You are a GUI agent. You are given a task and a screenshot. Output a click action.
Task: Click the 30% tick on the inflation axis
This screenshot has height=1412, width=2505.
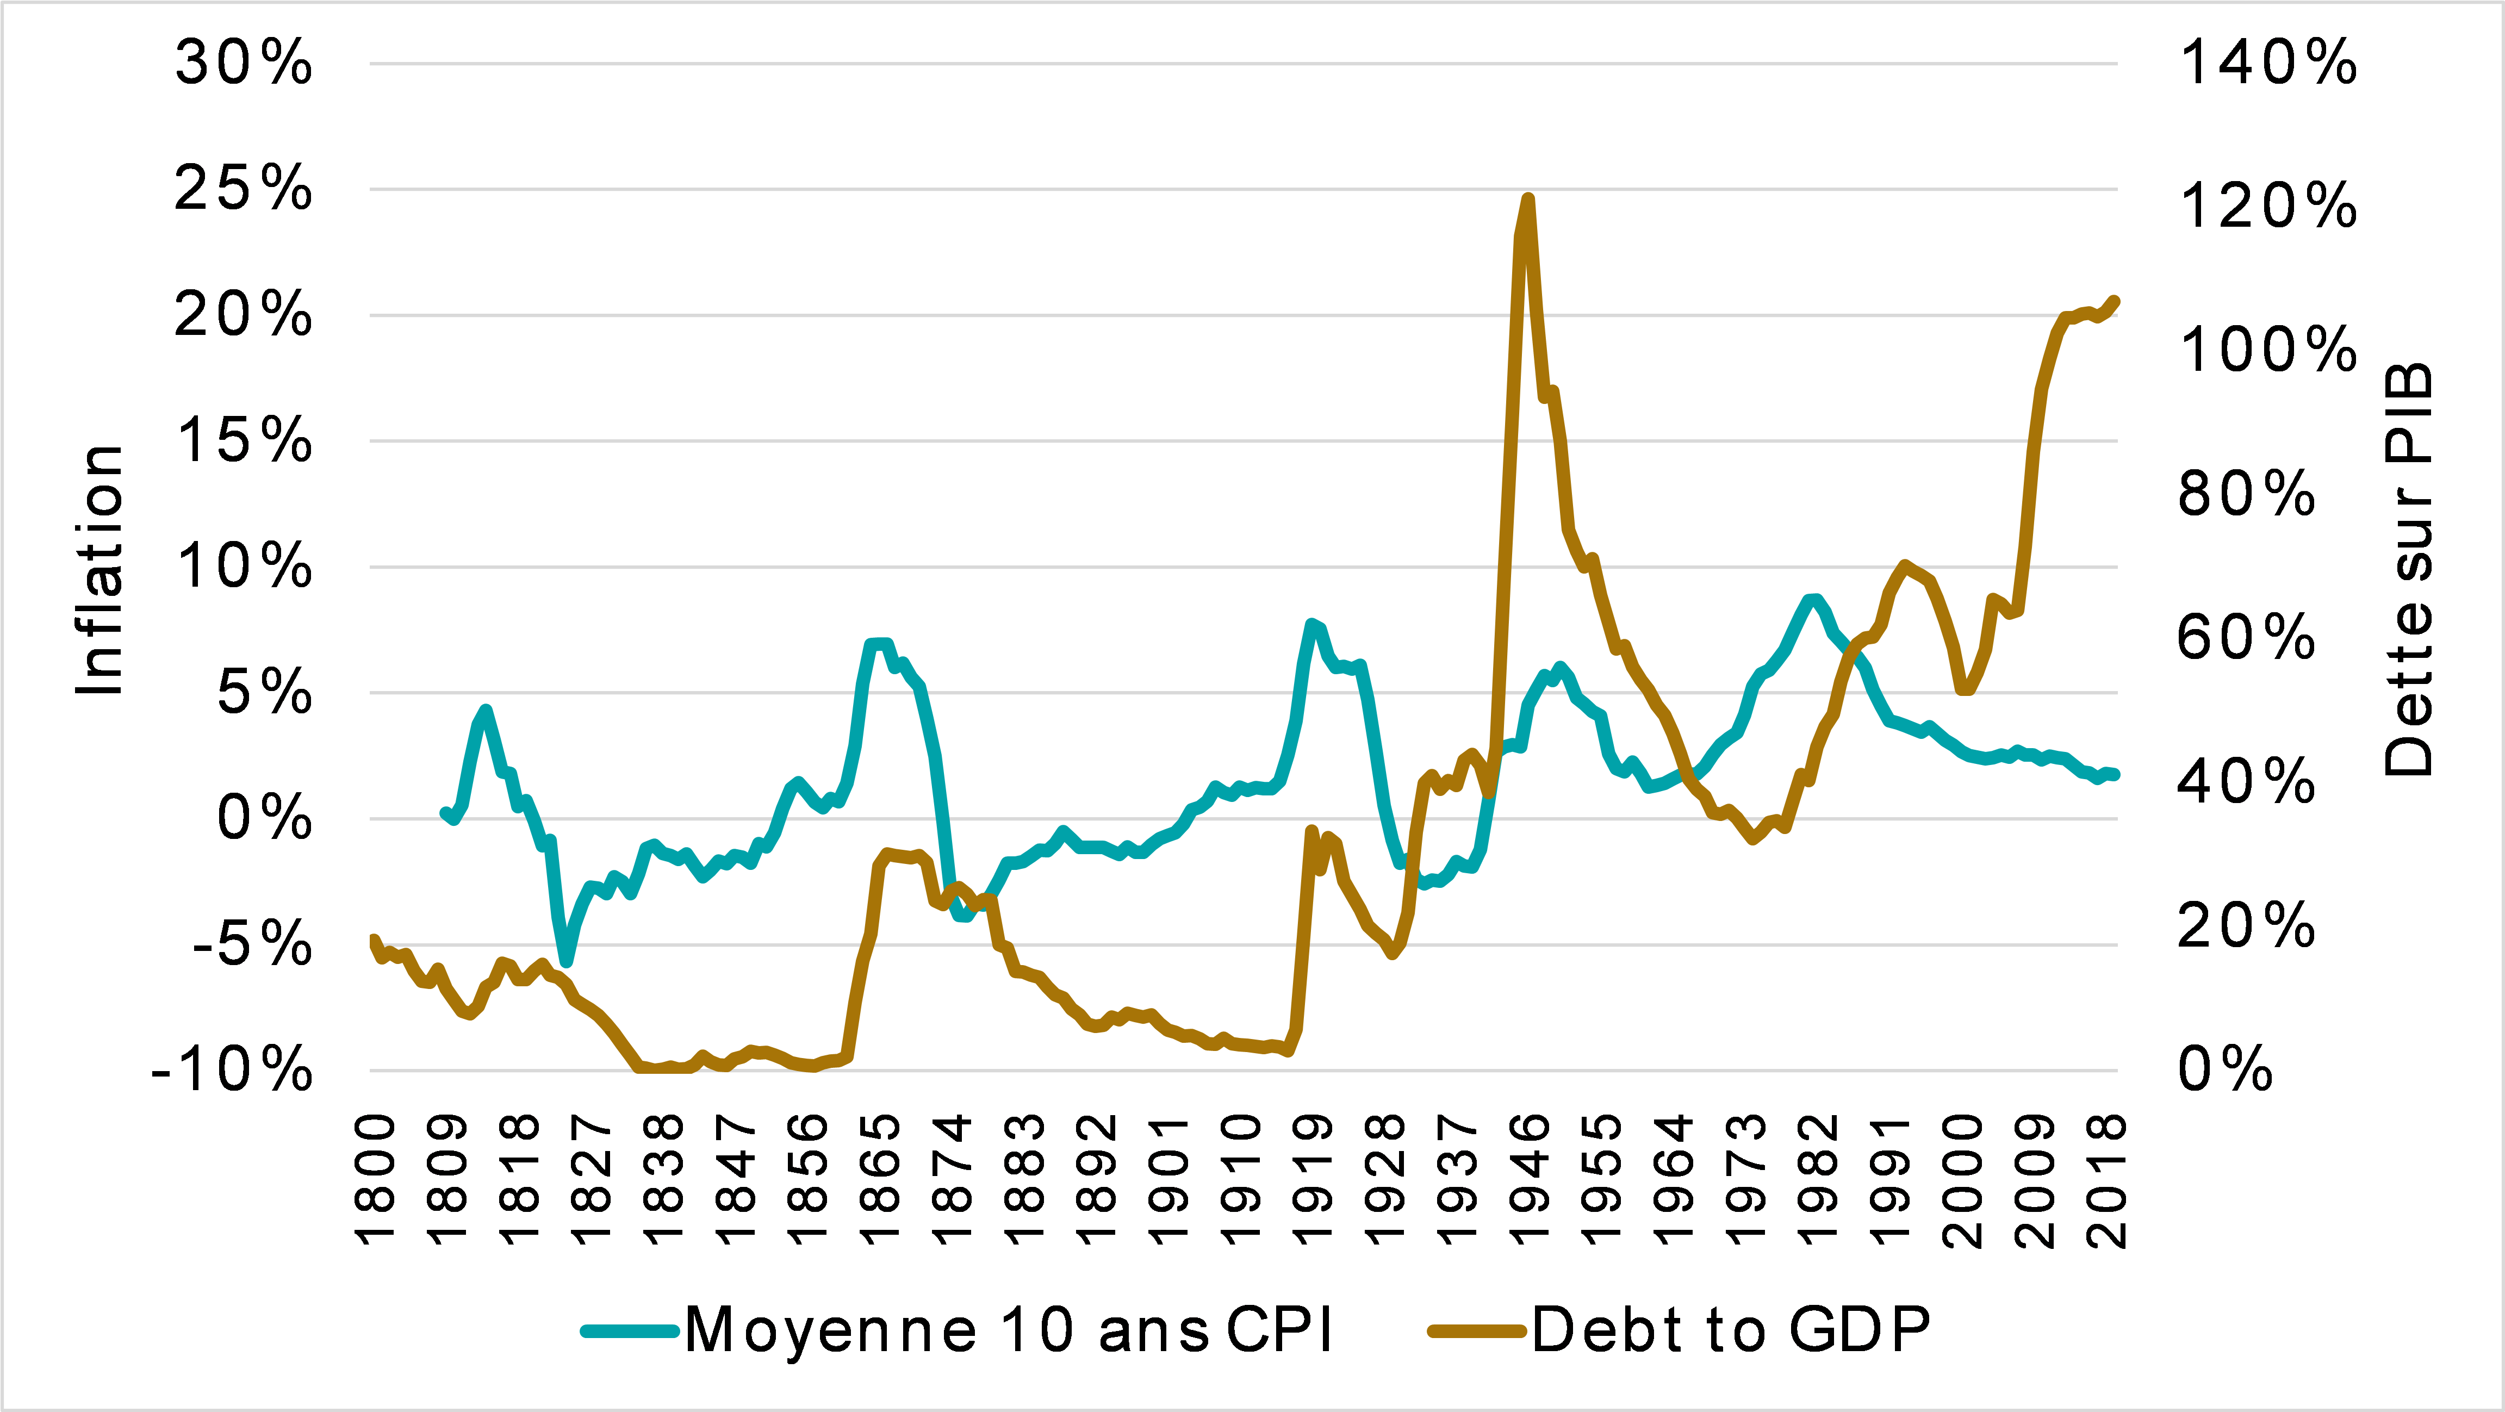pos(243,64)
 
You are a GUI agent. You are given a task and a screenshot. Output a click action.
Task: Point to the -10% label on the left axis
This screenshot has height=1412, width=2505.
pos(232,1071)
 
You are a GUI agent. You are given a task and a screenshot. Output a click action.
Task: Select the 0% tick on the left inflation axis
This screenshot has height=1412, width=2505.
pos(264,819)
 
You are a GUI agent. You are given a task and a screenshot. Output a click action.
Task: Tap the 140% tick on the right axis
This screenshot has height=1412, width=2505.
pos(2268,64)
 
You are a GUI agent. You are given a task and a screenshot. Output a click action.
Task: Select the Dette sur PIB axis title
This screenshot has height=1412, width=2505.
pos(2408,571)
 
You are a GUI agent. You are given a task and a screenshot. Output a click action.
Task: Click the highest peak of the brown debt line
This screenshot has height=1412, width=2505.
pos(1528,200)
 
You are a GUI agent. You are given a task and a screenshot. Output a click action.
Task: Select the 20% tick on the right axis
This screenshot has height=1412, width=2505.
pos(2246,927)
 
